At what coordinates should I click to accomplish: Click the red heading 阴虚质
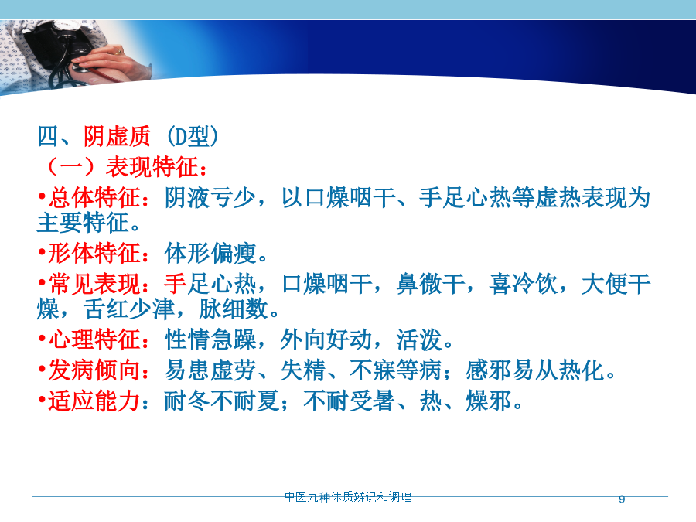(117, 136)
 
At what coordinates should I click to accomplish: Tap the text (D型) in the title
(193, 136)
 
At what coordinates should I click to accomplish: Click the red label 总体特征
(94, 197)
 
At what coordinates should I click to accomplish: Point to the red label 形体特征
(94, 254)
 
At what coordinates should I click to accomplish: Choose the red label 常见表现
(94, 284)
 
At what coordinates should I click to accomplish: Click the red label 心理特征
(94, 340)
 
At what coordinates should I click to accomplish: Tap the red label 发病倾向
(94, 370)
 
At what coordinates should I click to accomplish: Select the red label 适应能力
(94, 401)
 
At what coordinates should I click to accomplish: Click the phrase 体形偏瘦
(210, 254)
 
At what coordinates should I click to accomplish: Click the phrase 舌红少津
(128, 309)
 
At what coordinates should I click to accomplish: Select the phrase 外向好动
(326, 340)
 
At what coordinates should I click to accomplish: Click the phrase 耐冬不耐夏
(222, 401)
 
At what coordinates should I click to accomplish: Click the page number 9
(622, 499)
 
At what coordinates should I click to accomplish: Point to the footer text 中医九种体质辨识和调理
(348, 497)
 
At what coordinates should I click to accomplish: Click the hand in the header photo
(111, 62)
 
